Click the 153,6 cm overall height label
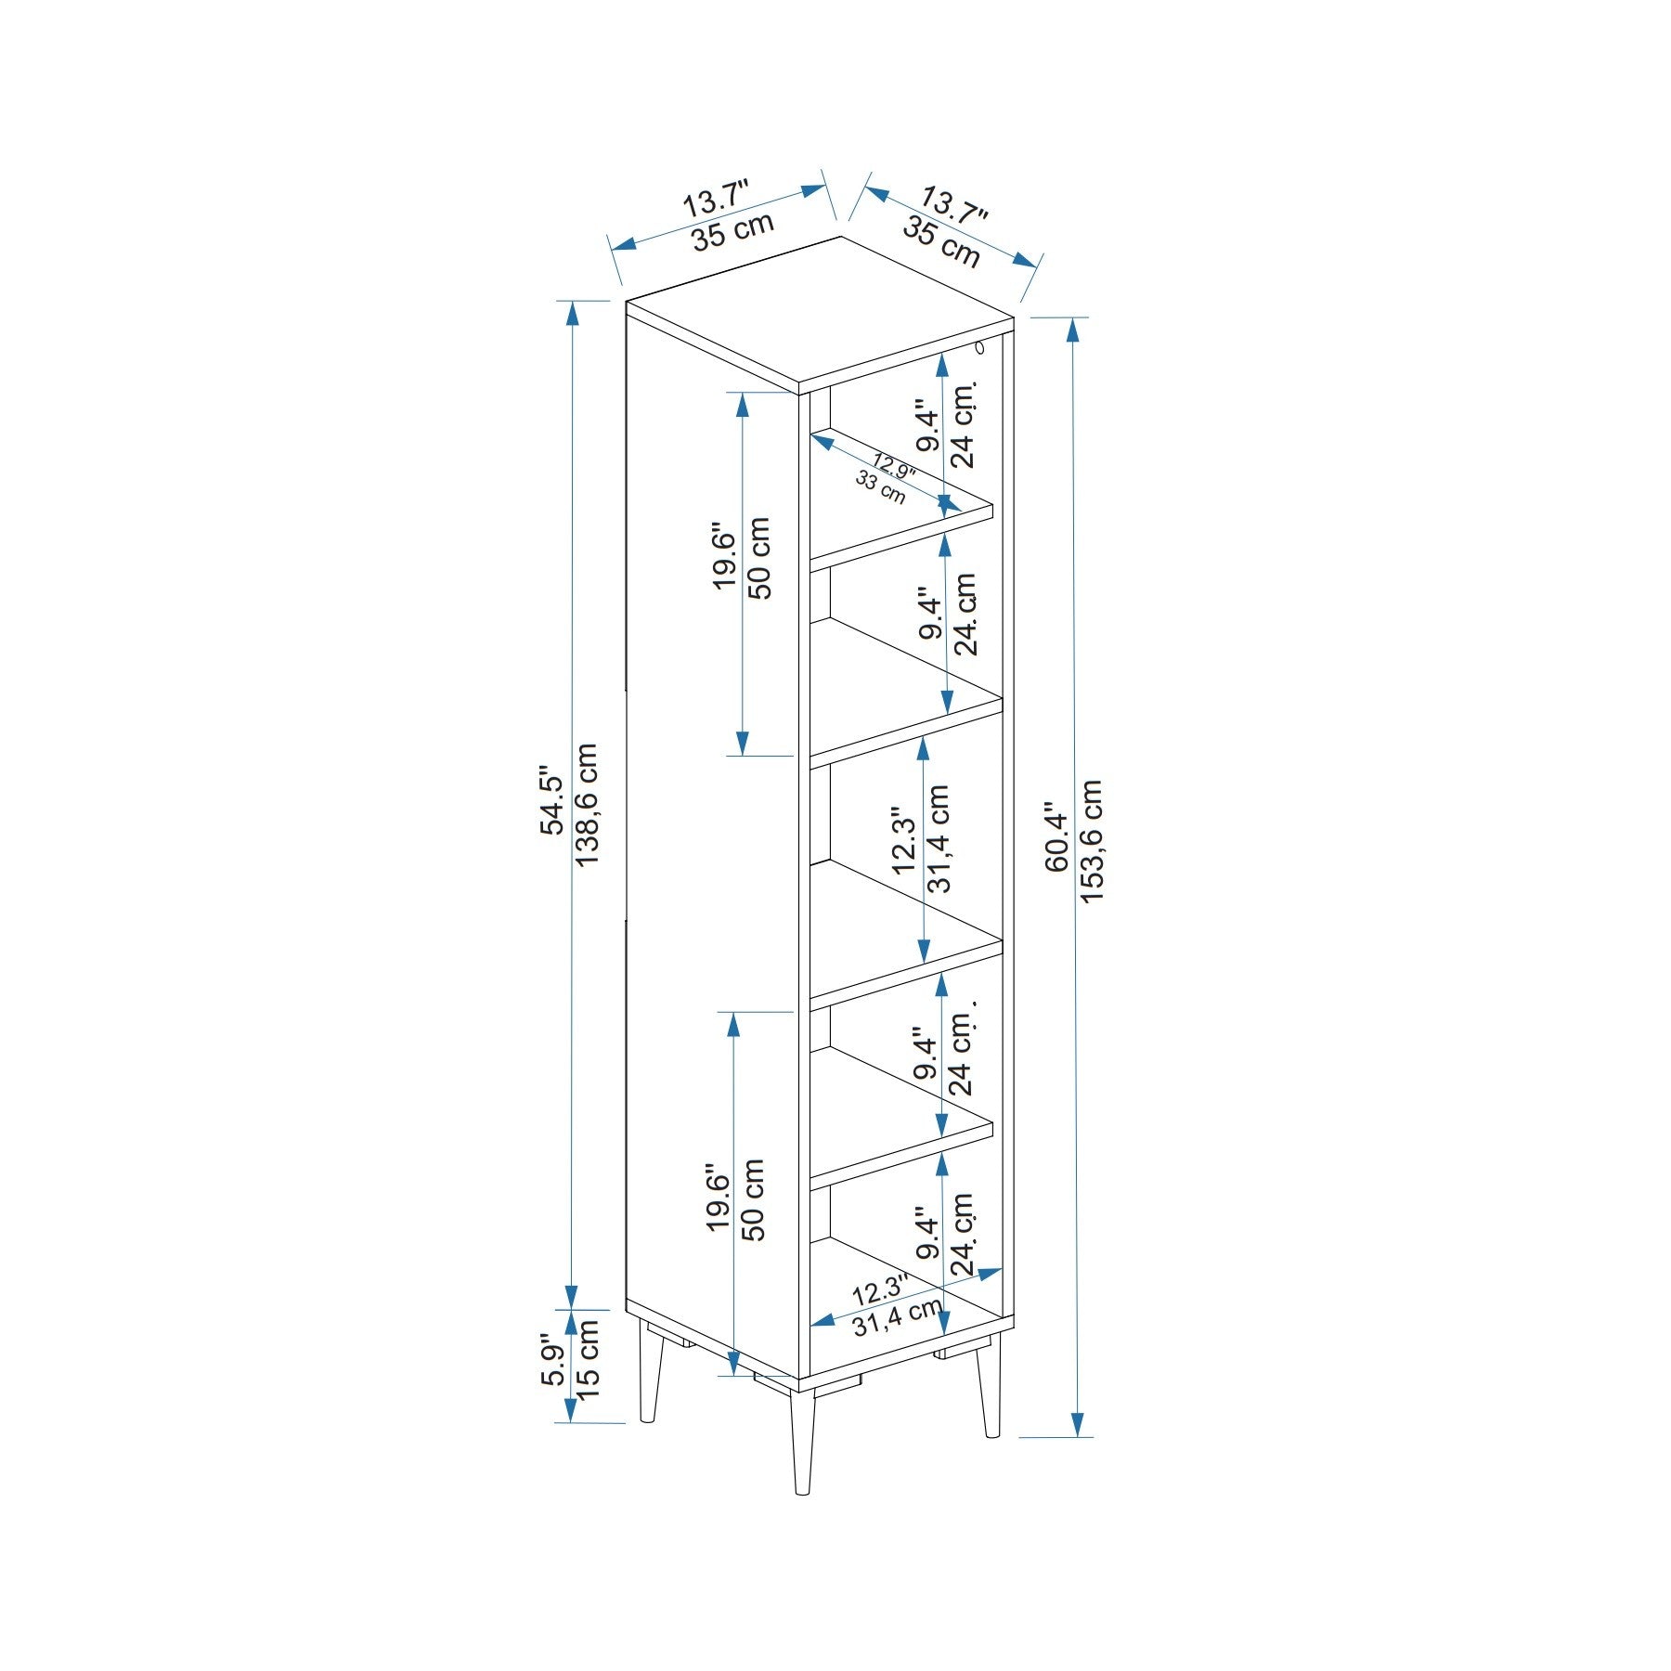coord(1093,840)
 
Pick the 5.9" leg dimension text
coord(552,1364)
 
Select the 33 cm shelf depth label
coord(880,486)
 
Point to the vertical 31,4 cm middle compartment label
coord(939,838)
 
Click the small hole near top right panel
coord(980,349)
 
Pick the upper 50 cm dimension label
coord(758,558)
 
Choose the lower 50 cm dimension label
coord(753,1199)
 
